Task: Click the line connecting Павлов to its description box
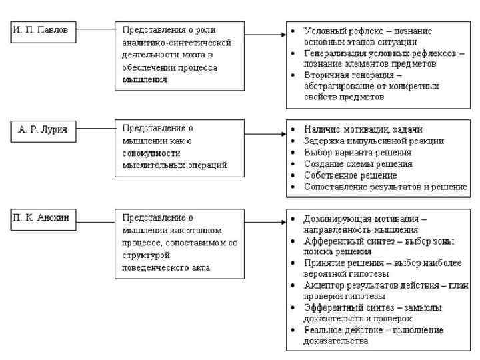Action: (95, 30)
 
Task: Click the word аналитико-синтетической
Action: (176, 42)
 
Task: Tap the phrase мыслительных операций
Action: (171, 165)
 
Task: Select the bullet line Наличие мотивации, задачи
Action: (363, 129)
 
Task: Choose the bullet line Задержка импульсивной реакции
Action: (374, 141)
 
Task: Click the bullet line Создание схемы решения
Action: (357, 163)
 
